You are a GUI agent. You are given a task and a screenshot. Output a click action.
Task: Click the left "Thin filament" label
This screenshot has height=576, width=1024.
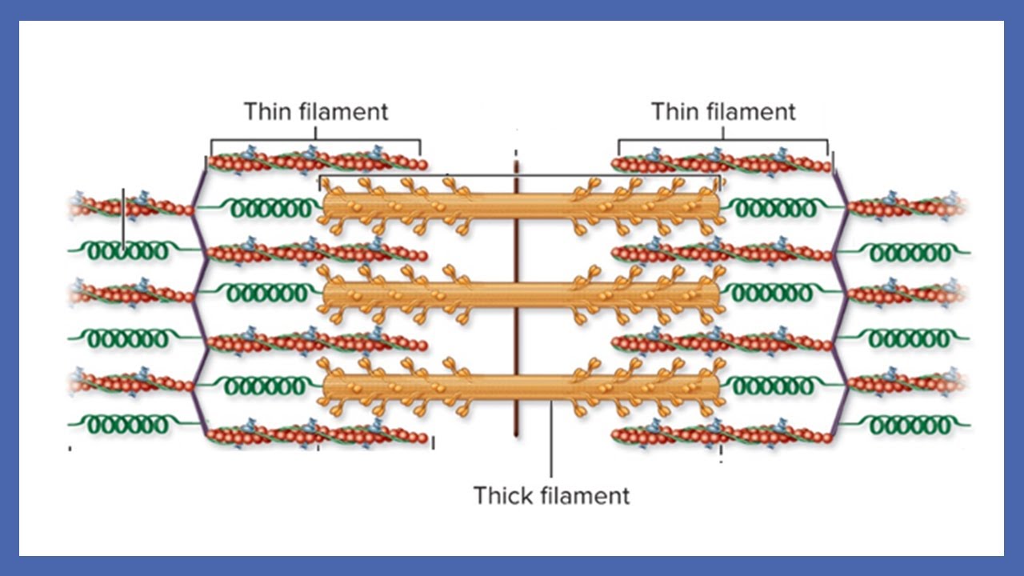click(x=315, y=111)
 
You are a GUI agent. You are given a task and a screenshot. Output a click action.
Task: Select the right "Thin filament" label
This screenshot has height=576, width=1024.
click(x=723, y=111)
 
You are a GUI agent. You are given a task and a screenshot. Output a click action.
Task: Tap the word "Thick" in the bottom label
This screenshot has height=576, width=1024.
click(x=503, y=495)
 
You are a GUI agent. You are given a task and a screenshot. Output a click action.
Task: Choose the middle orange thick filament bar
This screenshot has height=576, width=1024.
click(x=520, y=294)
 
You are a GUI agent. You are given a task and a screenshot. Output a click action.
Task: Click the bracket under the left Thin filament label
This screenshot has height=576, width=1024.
click(x=315, y=141)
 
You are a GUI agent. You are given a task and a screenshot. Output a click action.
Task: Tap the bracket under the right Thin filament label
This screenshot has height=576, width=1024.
click(x=723, y=141)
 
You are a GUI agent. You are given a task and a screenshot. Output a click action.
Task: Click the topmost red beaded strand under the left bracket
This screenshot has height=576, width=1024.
click(x=317, y=162)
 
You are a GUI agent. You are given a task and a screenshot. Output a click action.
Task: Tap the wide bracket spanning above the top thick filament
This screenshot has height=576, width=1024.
click(x=520, y=176)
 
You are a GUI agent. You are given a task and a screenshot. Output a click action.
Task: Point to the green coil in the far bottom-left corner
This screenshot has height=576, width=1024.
click(x=128, y=425)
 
